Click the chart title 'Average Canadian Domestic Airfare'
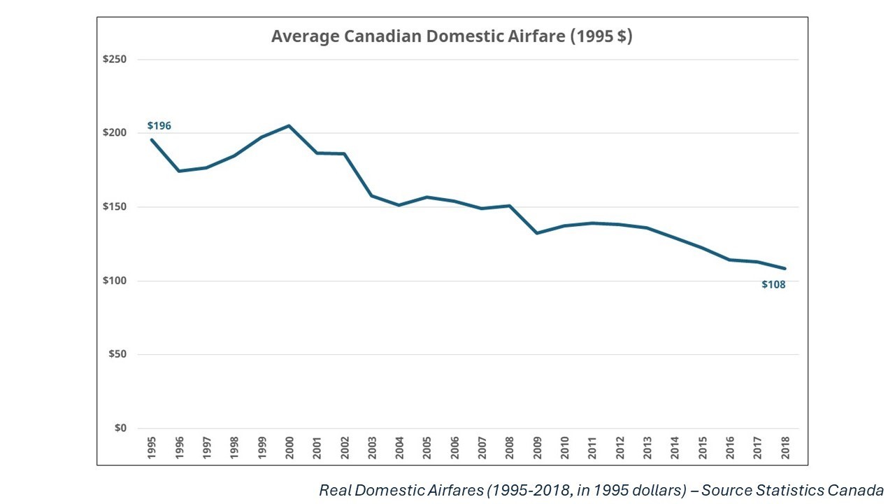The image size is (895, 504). [452, 36]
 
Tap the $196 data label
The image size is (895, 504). [159, 126]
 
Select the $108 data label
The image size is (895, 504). [773, 285]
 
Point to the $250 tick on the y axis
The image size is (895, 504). [114, 59]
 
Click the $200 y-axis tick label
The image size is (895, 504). [114, 133]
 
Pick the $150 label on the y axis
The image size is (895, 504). [114, 207]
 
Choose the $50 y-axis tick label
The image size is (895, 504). [117, 354]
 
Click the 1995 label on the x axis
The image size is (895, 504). [152, 448]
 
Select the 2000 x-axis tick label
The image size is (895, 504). [289, 448]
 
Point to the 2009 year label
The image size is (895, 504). [537, 448]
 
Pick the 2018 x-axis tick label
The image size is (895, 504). [785, 448]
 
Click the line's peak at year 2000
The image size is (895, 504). [289, 126]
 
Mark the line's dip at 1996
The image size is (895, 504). [179, 171]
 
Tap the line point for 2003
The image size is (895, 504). [371, 195]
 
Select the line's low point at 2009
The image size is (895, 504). [537, 232]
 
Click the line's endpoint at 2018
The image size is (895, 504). [785, 268]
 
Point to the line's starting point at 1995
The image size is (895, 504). [152, 139]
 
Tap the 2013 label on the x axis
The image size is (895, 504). [647, 448]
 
